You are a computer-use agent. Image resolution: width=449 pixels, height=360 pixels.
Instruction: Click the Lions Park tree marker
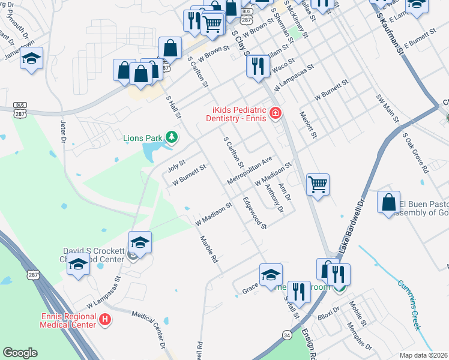tap(172, 138)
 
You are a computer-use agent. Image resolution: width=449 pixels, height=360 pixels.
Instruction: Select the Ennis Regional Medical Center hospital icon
tap(105, 320)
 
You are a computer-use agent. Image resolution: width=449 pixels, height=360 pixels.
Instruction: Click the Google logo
tap(20, 353)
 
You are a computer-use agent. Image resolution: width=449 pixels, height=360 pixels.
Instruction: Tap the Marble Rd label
tap(209, 248)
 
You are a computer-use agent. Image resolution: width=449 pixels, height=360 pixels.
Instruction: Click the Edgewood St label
tap(255, 213)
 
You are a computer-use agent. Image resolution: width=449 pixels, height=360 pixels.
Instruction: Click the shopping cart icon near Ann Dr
tap(318, 184)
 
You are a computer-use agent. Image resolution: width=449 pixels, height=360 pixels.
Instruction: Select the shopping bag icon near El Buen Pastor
tap(389, 201)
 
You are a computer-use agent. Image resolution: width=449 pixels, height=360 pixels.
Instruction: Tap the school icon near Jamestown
tap(31, 59)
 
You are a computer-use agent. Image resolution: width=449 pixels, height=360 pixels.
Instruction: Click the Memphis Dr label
tap(360, 337)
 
